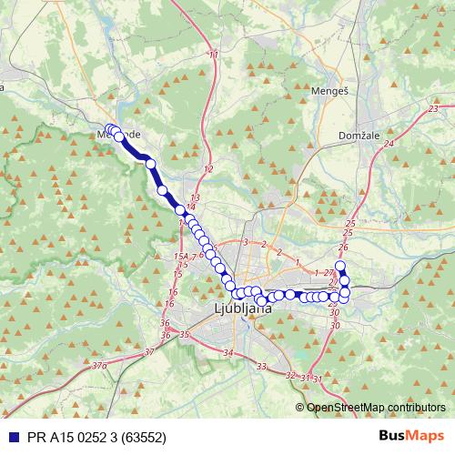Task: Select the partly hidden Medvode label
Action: click(x=118, y=135)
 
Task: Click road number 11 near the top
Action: click(x=214, y=56)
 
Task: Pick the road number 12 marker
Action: click(x=208, y=170)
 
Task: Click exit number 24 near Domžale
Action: click(x=389, y=144)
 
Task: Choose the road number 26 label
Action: click(x=342, y=248)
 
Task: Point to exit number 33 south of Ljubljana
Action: click(x=262, y=367)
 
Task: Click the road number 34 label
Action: click(x=227, y=352)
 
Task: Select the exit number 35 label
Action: click(x=184, y=335)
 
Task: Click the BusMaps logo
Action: click(x=412, y=436)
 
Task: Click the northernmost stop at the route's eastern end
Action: click(x=341, y=267)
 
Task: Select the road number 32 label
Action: click(x=289, y=375)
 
